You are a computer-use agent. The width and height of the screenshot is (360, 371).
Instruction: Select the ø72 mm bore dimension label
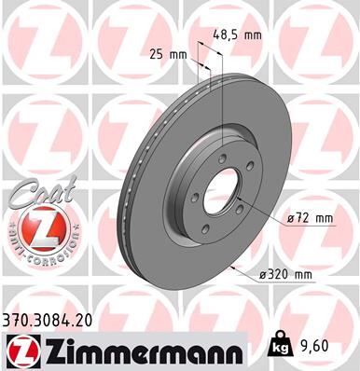pos(312,218)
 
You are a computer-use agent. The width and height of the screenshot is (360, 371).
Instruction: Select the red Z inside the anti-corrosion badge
pos(36,228)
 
